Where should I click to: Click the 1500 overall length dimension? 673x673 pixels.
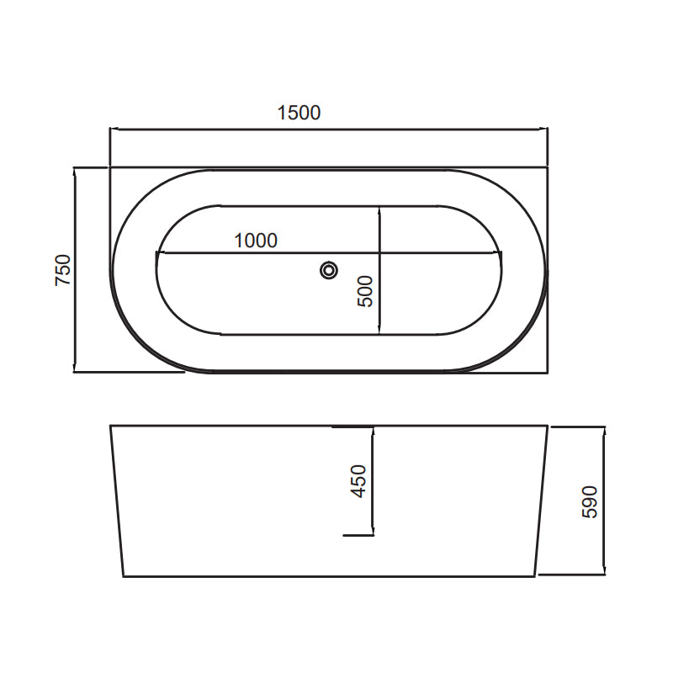click(299, 112)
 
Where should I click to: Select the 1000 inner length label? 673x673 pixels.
click(255, 240)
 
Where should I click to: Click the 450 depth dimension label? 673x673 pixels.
click(359, 481)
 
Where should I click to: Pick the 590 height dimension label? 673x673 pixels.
click(590, 501)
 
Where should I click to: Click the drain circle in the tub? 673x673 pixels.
click(329, 270)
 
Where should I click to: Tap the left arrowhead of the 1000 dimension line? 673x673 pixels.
click(157, 252)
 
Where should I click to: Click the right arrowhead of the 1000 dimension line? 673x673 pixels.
click(501, 252)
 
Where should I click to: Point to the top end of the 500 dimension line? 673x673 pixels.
click(379, 206)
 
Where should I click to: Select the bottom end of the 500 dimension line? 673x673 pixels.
click(379, 334)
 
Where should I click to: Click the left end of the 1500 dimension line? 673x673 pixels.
click(111, 130)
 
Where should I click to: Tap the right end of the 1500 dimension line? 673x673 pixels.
click(547, 130)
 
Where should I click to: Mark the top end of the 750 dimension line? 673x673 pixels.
click(75, 168)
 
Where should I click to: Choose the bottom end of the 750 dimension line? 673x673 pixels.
click(75, 371)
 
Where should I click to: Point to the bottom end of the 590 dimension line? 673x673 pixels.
click(604, 575)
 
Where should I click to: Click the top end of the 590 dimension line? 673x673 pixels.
click(604, 427)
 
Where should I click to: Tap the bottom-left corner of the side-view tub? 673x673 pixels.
click(124, 576)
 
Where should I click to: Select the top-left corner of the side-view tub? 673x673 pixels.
click(111, 426)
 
